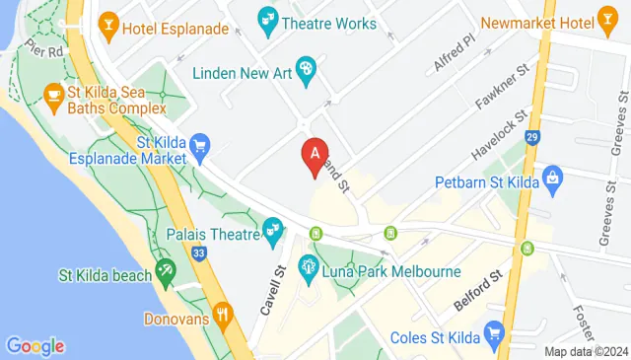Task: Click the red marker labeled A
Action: [315, 155]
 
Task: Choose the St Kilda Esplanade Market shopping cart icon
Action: [200, 146]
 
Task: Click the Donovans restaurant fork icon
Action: [224, 318]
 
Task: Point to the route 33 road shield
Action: [199, 254]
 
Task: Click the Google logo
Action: [35, 346]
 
